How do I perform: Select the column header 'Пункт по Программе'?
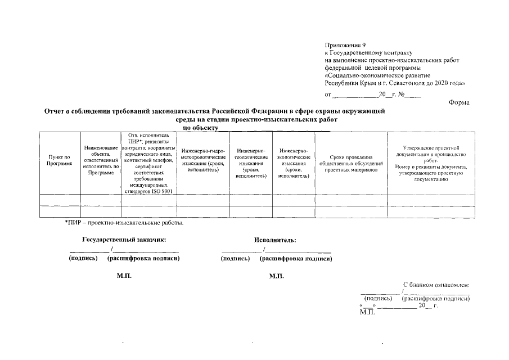point(59,160)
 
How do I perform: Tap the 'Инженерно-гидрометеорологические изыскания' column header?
point(203,160)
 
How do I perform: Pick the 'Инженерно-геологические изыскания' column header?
point(251,163)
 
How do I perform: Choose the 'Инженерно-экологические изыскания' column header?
point(293,163)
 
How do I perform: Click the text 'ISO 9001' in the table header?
point(161,191)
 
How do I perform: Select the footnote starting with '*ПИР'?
point(124,223)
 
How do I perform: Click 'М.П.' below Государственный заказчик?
point(124,276)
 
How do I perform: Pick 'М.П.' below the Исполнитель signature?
point(277,276)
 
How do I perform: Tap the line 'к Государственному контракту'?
point(369,52)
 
